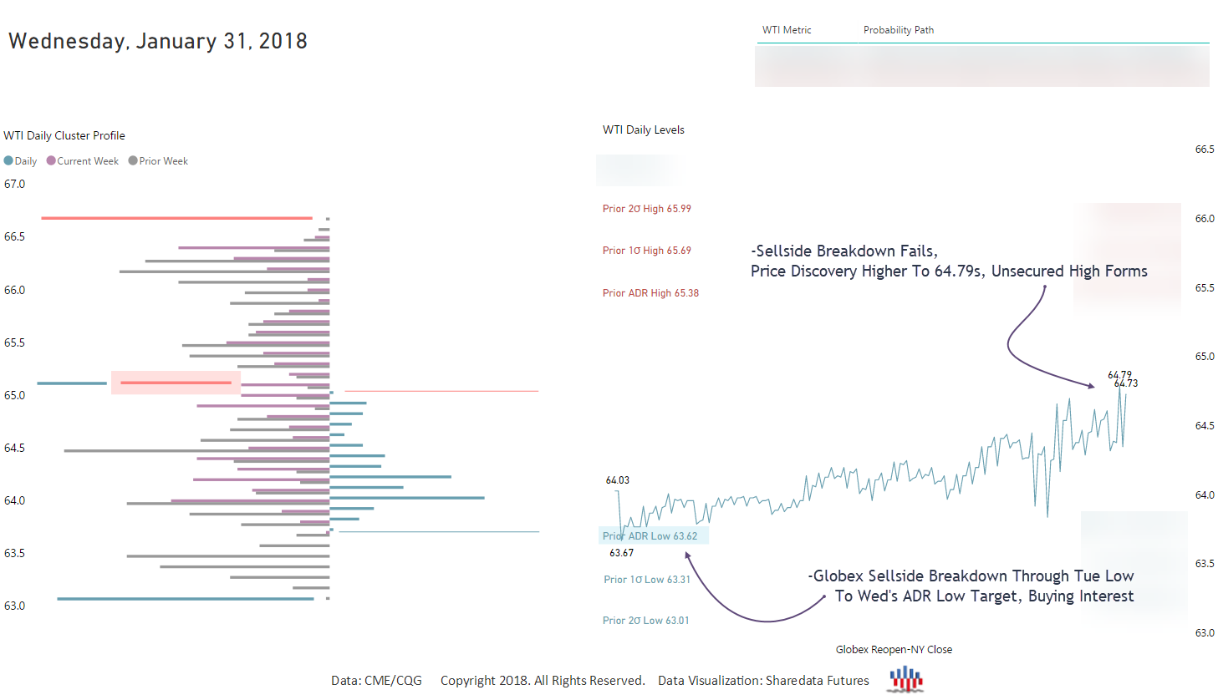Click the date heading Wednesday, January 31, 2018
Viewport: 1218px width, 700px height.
click(158, 41)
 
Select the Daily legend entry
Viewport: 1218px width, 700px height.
click(20, 161)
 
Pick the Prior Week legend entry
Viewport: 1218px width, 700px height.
click(158, 161)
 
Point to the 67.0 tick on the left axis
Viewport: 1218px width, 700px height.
click(14, 184)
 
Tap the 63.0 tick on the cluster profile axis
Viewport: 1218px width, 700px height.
click(14, 606)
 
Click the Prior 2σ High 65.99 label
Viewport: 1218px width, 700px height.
click(646, 209)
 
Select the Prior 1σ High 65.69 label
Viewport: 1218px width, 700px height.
click(646, 251)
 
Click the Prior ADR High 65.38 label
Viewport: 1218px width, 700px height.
click(650, 293)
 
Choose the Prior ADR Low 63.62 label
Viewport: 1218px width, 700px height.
click(650, 536)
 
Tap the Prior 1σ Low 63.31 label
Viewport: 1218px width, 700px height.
click(647, 580)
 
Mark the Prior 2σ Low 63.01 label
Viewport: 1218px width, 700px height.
click(645, 621)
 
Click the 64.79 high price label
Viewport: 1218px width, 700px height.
click(1119, 375)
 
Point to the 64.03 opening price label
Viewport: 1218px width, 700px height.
click(617, 480)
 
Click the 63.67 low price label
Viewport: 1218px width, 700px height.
click(621, 553)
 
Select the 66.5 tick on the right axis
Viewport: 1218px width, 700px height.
click(1204, 150)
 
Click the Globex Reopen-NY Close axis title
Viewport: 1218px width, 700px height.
click(894, 650)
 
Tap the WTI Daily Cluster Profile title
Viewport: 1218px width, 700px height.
click(64, 135)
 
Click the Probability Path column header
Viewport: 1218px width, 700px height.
click(898, 30)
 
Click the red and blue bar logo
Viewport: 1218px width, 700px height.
click(906, 680)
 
